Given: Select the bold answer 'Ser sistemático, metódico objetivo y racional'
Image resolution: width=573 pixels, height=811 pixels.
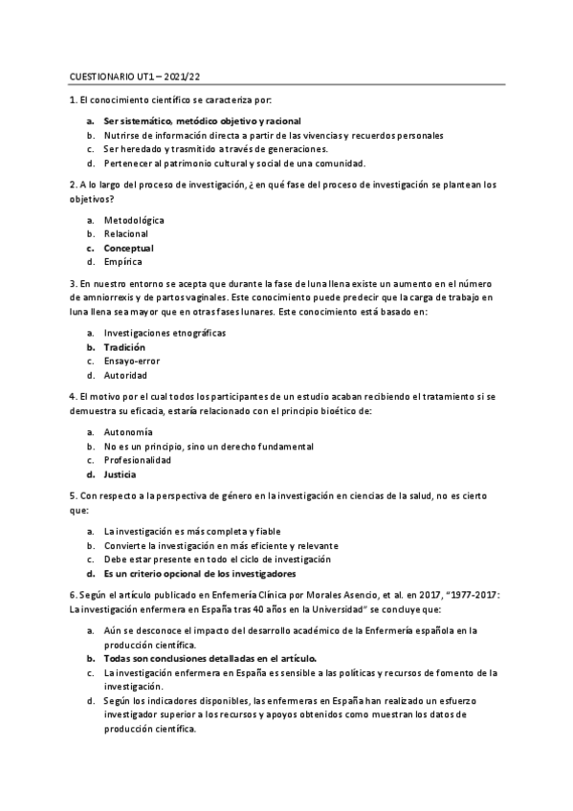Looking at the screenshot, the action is tap(202, 121).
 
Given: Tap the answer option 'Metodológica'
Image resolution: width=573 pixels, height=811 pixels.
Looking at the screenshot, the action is tap(134, 220).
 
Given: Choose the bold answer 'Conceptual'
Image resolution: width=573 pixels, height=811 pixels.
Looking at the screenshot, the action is tap(128, 248).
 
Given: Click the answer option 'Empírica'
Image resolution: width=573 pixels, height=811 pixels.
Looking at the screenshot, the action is tap(123, 261).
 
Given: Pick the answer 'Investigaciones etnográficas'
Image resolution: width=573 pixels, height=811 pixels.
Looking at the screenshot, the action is tap(165, 333).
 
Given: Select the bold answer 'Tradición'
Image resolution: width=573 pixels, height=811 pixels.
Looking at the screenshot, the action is tap(124, 347).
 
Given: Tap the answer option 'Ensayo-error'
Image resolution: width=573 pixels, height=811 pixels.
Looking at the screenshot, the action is tap(132, 362).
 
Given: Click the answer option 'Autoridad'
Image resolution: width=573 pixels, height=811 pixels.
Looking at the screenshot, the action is tap(125, 376).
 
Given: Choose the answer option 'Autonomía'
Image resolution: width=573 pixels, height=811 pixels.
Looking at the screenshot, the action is tap(128, 432).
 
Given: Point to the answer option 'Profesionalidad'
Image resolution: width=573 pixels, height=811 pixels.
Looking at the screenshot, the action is tap(138, 460).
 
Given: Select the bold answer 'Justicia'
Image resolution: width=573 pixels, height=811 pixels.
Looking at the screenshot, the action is tap(121, 474).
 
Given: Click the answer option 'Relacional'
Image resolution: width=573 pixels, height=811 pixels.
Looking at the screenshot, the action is tap(126, 233).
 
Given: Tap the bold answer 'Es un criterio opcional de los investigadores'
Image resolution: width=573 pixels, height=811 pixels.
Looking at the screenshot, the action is tap(200, 574).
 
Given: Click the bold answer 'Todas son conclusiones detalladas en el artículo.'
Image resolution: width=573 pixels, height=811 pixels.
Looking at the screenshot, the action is tap(209, 658).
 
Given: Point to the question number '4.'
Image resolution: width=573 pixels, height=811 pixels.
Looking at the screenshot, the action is tap(74, 397).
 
